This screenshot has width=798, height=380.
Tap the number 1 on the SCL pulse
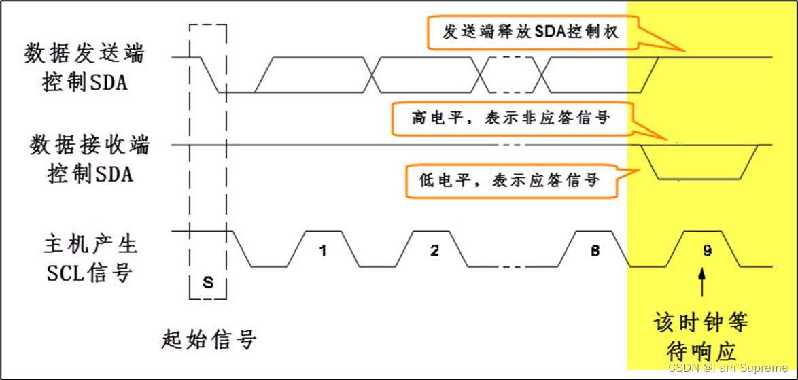point(323,250)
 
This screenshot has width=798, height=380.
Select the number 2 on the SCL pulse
point(434,250)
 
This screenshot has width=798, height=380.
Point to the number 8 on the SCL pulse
point(595,250)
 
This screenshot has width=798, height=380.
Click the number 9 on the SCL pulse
point(707,250)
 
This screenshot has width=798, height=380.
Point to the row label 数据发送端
point(84,54)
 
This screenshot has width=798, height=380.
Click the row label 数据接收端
point(89,144)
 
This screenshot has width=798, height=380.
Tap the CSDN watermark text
point(727,368)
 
